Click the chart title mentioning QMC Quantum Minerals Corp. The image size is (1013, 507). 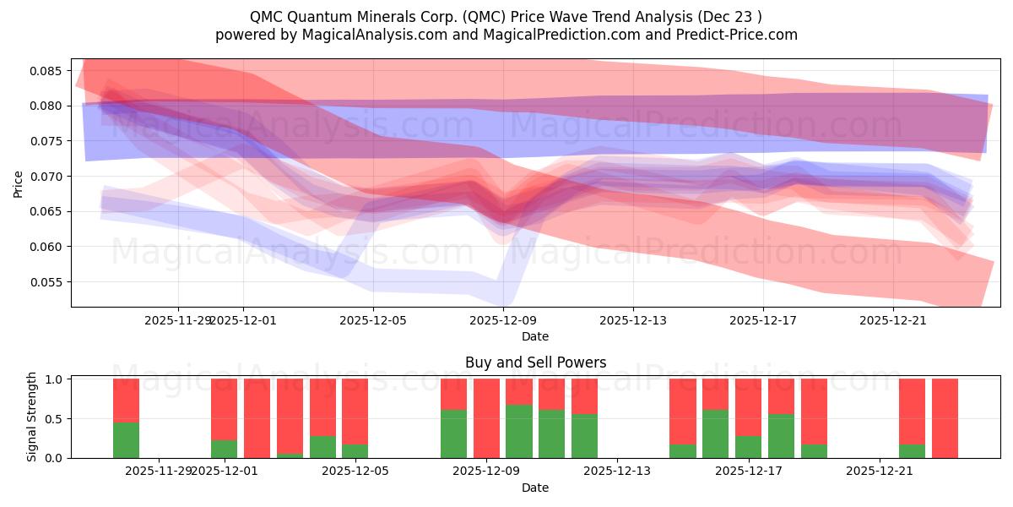pyautogui.click(x=506, y=16)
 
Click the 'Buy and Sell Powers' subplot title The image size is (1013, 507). pyautogui.click(x=535, y=363)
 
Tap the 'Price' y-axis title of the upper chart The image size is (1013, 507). pyautogui.click(x=19, y=183)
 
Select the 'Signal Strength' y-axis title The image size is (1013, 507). pyautogui.click(x=32, y=417)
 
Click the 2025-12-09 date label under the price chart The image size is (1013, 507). pyautogui.click(x=503, y=320)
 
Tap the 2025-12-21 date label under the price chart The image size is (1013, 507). pyautogui.click(x=893, y=320)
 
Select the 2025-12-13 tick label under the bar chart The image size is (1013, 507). pyautogui.click(x=617, y=471)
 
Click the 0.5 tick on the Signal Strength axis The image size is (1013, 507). pyautogui.click(x=52, y=419)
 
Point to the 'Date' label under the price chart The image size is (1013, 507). pyautogui.click(x=535, y=336)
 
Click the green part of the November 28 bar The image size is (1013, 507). pyautogui.click(x=126, y=439)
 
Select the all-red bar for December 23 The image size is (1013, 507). pyautogui.click(x=945, y=418)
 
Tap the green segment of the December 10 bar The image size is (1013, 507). pyautogui.click(x=519, y=431)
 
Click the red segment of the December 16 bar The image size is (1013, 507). pyautogui.click(x=715, y=394)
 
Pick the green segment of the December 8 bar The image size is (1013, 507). pyautogui.click(x=453, y=433)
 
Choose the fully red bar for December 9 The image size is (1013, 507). pyautogui.click(x=486, y=418)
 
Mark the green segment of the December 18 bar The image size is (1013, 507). pyautogui.click(x=781, y=436)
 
